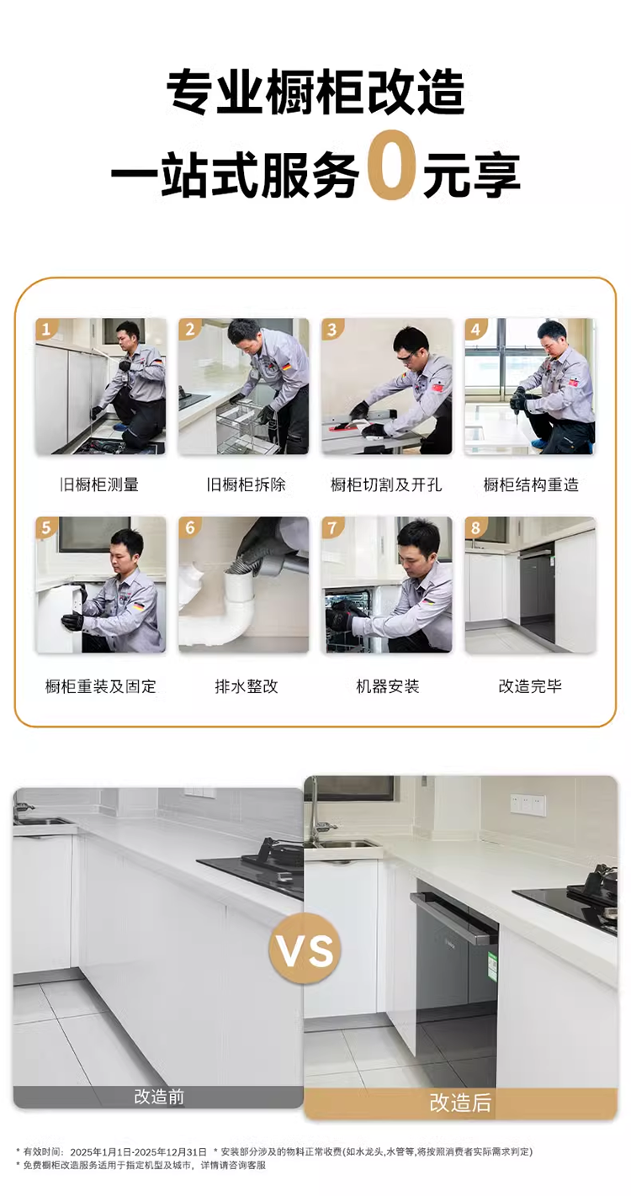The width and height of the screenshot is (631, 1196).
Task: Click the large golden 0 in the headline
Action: pos(392,166)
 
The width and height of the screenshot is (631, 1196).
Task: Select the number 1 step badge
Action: pos(46,329)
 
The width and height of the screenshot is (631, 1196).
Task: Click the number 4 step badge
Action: pos(475,329)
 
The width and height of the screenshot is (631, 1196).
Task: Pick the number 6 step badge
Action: pos(189,527)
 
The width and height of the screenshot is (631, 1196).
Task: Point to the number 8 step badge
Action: pos(475,527)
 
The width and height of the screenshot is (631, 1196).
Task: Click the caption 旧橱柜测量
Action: pos(99,484)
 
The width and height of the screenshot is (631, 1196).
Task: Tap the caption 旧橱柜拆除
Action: pos(246,484)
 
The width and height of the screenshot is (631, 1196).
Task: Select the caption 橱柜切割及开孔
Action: pos(386,484)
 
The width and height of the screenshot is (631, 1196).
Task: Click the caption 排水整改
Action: pos(247,686)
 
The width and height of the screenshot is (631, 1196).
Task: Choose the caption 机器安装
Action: pos(387,686)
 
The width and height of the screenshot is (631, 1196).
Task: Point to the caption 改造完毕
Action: pos(530,686)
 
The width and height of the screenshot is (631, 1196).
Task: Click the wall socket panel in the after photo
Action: pos(528,802)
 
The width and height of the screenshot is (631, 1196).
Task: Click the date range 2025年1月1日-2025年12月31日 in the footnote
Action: pos(138,1151)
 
